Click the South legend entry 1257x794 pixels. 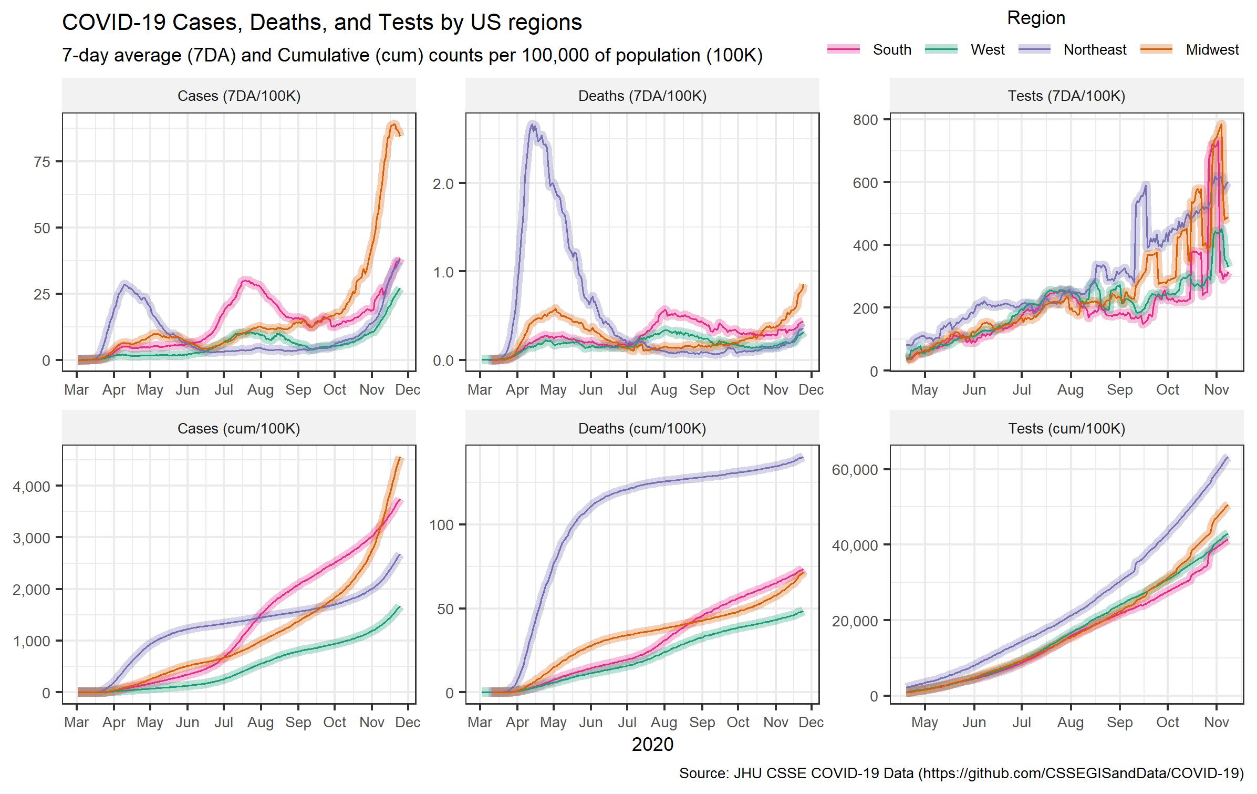pyautogui.click(x=891, y=50)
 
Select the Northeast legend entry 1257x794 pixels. pyautogui.click(x=1095, y=50)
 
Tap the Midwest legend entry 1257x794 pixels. pyautogui.click(x=1212, y=50)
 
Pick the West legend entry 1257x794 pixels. pyautogui.click(x=987, y=50)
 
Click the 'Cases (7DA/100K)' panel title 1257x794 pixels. pyautogui.click(x=239, y=96)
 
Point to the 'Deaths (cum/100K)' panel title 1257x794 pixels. pyautogui.click(x=642, y=428)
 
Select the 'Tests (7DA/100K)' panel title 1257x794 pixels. pyautogui.click(x=1066, y=96)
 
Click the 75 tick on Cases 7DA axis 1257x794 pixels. pyautogui.click(x=42, y=162)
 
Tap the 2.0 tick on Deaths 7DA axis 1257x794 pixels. pyautogui.click(x=442, y=183)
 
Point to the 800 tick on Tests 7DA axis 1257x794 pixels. pyautogui.click(x=865, y=120)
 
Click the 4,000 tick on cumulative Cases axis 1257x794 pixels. pyautogui.click(x=32, y=486)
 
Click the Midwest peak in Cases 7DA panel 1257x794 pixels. pyautogui.click(x=393, y=123)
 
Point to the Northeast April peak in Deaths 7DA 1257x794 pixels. pyautogui.click(x=533, y=124)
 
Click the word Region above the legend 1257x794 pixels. pyautogui.click(x=1036, y=18)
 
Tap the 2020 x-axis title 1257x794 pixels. pyautogui.click(x=652, y=744)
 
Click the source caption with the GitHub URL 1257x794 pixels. pyautogui.click(x=961, y=773)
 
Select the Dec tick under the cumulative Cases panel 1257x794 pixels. pyautogui.click(x=408, y=723)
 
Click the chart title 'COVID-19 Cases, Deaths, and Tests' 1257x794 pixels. pyautogui.click(x=322, y=23)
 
